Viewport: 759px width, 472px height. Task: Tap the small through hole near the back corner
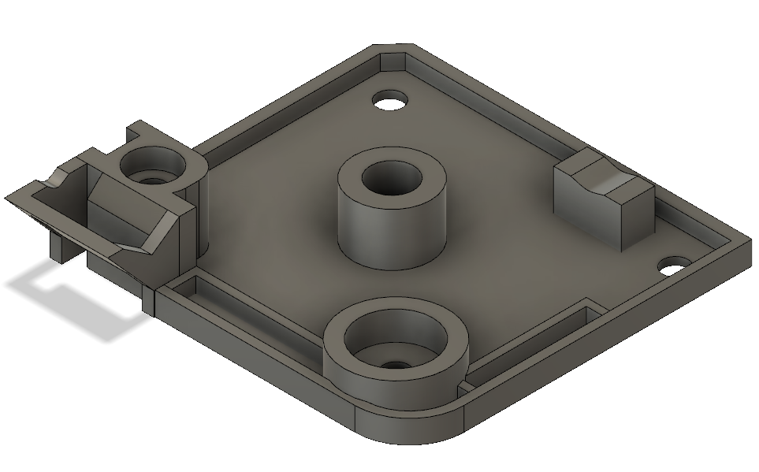[x=390, y=102]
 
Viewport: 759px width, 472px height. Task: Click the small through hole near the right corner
[x=674, y=266]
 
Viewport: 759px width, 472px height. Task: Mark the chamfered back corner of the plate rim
[x=392, y=49]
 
